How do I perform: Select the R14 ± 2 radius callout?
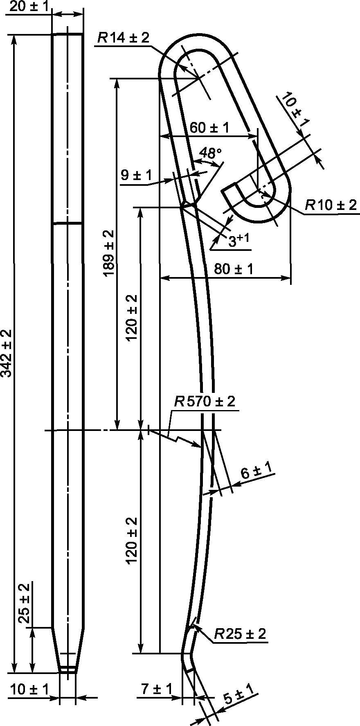click(123, 38)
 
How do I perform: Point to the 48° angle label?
click(210, 153)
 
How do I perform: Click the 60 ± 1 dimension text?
click(209, 128)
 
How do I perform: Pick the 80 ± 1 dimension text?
click(233, 269)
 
